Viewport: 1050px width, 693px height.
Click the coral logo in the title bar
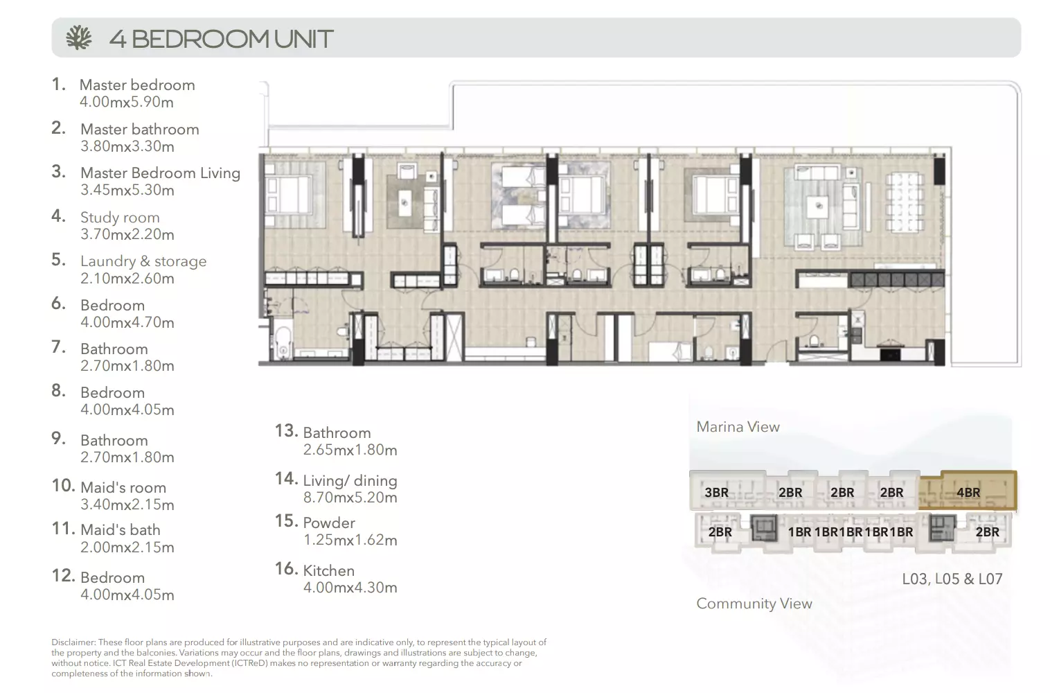[x=78, y=37]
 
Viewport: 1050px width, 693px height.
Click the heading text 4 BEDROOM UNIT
[x=221, y=39]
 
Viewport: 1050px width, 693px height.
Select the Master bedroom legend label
[x=137, y=85]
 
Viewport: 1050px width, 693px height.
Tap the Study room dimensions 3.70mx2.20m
[x=127, y=234]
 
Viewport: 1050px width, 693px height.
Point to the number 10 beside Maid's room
[x=63, y=486]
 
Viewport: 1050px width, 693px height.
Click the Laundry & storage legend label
[x=143, y=261]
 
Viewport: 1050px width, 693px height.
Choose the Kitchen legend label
[x=328, y=570]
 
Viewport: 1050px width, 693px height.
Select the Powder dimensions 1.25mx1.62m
[x=350, y=540]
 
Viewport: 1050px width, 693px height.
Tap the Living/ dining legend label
[x=350, y=481]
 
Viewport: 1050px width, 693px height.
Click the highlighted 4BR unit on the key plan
[x=968, y=491]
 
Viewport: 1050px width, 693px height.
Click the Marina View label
[x=738, y=427]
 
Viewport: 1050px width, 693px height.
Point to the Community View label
[x=754, y=604]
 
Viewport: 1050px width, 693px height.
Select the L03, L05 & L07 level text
[x=952, y=579]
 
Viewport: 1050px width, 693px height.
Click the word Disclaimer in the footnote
[x=73, y=642]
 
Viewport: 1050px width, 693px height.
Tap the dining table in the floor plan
[x=904, y=202]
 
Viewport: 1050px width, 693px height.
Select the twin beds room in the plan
[x=519, y=195]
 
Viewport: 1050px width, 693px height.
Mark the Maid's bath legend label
[x=121, y=530]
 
